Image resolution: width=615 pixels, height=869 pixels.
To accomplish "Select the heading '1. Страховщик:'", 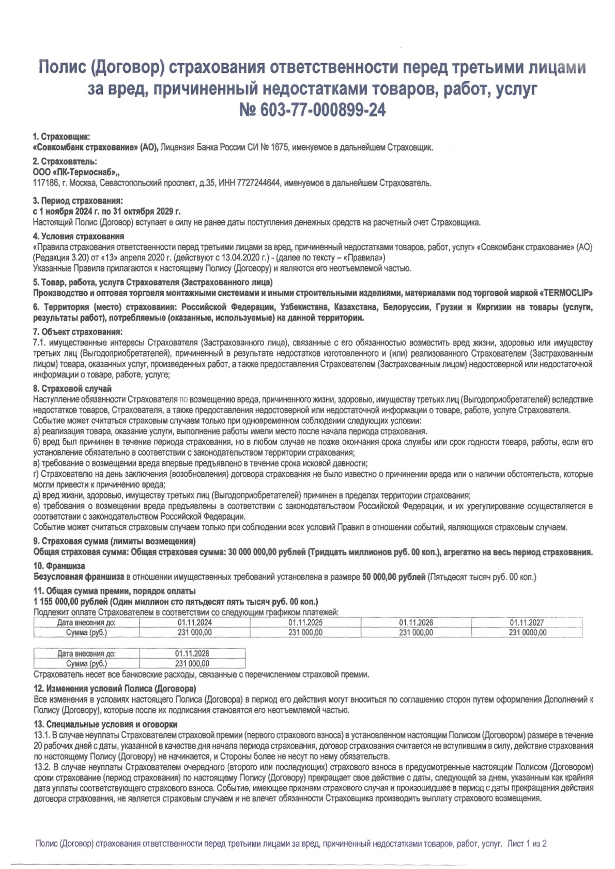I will (62, 137).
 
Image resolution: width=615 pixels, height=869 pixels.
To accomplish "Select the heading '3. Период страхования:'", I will (78, 201).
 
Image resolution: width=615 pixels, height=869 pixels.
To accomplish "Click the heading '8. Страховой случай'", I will (72, 388).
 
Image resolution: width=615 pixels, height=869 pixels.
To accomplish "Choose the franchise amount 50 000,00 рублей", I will (393, 576).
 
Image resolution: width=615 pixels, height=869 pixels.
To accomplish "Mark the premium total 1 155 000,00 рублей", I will (70, 601).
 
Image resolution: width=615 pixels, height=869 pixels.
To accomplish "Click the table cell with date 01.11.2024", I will (194, 622).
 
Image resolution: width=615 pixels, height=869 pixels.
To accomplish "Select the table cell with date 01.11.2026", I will (416, 622).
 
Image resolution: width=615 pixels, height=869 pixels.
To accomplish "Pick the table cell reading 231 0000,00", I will (527, 632).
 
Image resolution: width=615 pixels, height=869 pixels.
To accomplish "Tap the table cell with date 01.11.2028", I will (192, 653).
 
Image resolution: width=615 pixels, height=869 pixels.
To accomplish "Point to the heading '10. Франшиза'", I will (59, 566).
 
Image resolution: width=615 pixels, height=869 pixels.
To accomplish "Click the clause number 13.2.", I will (42, 766).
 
